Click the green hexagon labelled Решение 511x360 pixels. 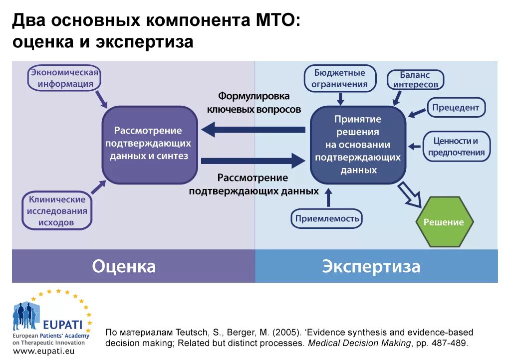(x=444, y=222)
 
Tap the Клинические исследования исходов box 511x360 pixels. (x=57, y=211)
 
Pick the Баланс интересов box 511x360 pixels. (x=415, y=80)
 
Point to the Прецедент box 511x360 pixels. (x=455, y=107)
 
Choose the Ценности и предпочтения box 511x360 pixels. (x=456, y=147)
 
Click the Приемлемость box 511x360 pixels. (x=327, y=218)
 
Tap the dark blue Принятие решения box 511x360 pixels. (x=357, y=145)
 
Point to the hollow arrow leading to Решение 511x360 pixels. (x=410, y=195)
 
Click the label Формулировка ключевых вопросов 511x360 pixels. (x=254, y=103)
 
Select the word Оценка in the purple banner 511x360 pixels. (x=124, y=266)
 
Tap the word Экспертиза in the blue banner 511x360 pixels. (x=371, y=266)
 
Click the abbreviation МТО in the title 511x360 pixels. (x=271, y=21)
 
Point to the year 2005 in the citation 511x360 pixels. (x=287, y=332)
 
